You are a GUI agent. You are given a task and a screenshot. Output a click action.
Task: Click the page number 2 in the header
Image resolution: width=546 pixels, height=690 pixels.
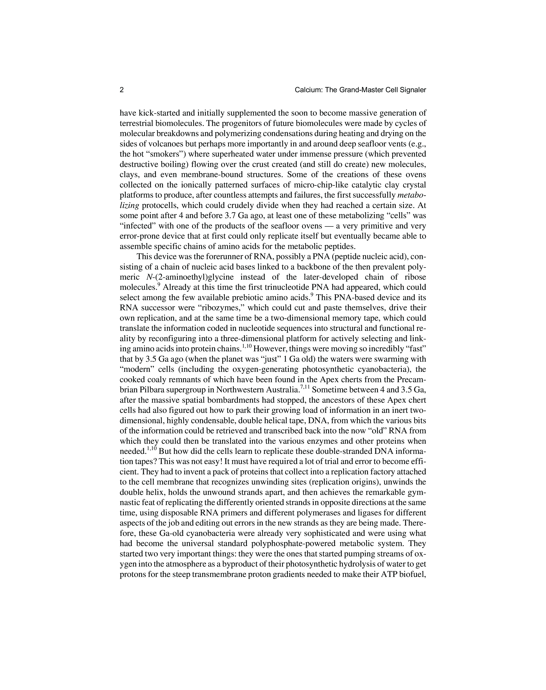tap(122, 90)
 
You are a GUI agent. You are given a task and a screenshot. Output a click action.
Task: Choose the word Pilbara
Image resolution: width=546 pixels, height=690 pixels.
tap(149, 390)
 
